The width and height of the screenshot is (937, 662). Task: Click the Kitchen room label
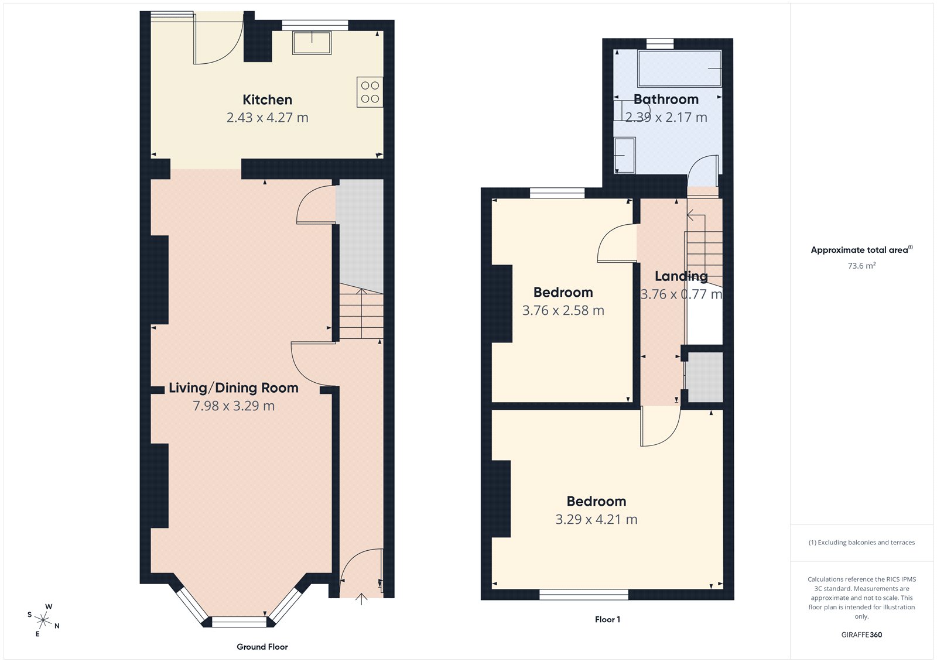click(267, 100)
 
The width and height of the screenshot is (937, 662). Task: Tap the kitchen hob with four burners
click(370, 92)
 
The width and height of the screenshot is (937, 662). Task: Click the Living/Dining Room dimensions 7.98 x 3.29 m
click(234, 406)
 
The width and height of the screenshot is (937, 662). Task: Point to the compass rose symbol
click(43, 619)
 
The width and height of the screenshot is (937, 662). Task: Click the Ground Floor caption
click(262, 647)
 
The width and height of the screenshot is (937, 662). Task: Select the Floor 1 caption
click(607, 619)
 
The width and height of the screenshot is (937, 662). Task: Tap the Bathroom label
click(666, 99)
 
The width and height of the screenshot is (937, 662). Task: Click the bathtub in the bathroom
click(679, 68)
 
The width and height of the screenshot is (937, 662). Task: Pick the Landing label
click(680, 276)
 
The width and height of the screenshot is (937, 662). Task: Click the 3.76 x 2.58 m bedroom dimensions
click(563, 310)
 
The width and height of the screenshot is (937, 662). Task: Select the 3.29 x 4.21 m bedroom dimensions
click(596, 519)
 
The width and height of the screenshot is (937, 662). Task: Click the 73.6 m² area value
click(861, 266)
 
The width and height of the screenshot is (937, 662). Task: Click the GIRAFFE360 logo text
click(861, 634)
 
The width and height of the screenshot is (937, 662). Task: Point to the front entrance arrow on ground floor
click(361, 599)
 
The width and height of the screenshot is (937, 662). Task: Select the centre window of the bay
click(239, 622)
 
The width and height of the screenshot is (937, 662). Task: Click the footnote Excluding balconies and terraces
click(861, 543)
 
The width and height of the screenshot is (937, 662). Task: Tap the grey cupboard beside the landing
click(705, 378)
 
